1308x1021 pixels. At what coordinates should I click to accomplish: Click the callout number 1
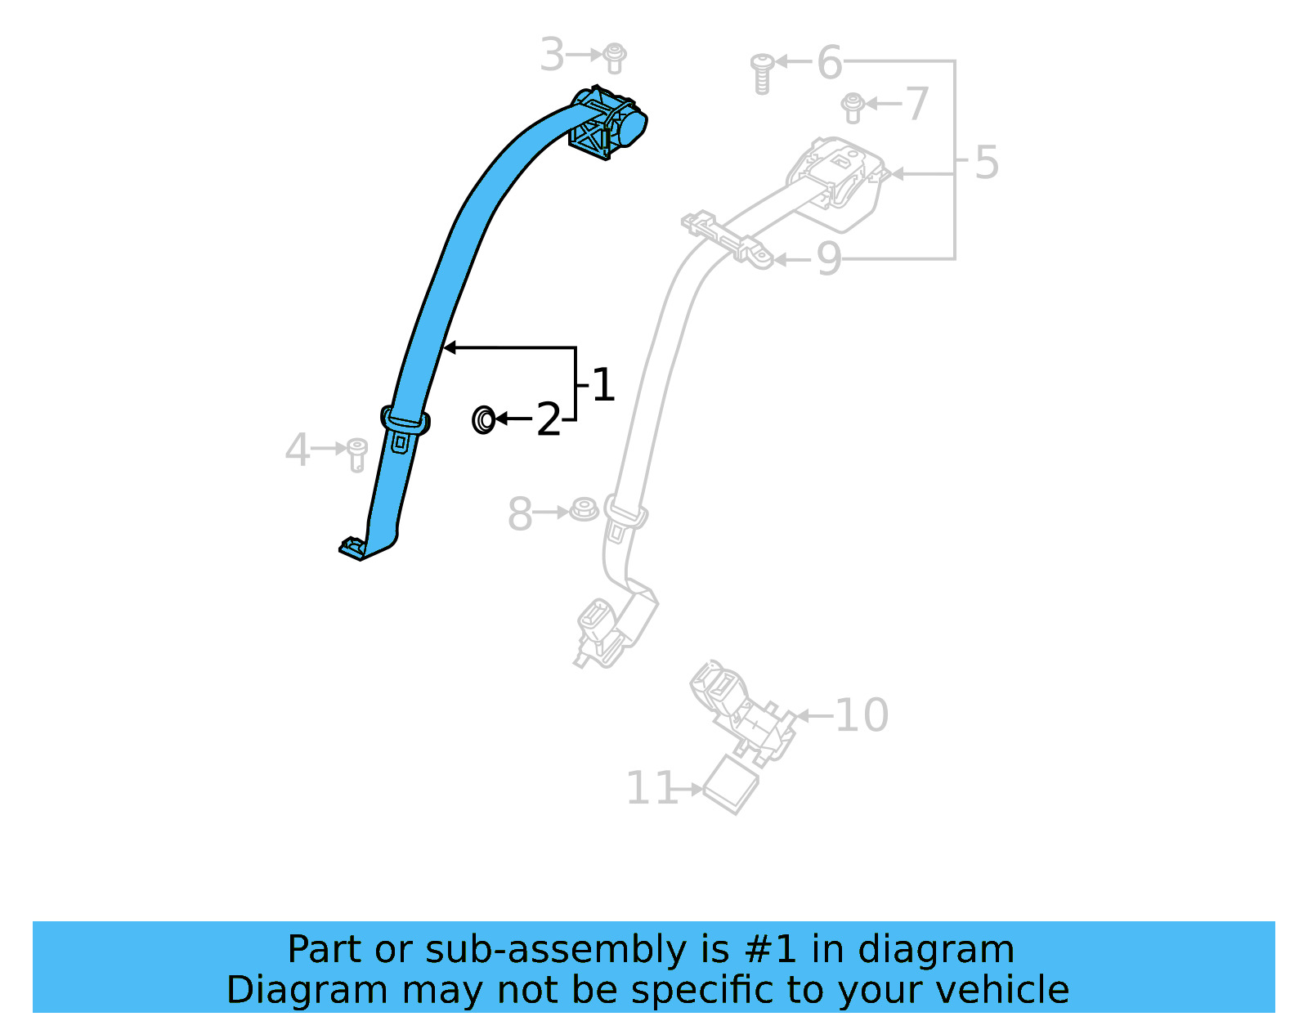click(x=603, y=385)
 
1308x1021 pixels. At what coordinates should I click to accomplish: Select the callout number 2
click(x=548, y=419)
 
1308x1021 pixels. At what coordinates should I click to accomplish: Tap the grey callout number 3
click(x=553, y=56)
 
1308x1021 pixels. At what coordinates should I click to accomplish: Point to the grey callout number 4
click(x=297, y=450)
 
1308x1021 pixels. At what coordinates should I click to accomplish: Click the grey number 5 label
click(x=987, y=163)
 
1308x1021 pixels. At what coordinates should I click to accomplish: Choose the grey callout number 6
click(x=829, y=63)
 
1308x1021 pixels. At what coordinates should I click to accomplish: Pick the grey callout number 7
click(x=917, y=105)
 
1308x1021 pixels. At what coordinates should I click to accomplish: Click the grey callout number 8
click(x=520, y=514)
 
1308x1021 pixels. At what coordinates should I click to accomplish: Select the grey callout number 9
click(x=828, y=260)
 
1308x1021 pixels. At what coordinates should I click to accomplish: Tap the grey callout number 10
click(x=862, y=716)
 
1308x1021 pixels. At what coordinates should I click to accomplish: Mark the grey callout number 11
click(x=652, y=789)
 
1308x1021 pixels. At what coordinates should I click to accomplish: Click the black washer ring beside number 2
click(x=483, y=420)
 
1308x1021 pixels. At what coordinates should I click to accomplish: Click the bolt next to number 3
click(x=615, y=57)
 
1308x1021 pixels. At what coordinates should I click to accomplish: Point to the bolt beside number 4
click(x=356, y=454)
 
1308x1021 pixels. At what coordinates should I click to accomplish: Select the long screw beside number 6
click(x=762, y=73)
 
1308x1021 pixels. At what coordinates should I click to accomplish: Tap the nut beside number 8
click(x=584, y=510)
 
